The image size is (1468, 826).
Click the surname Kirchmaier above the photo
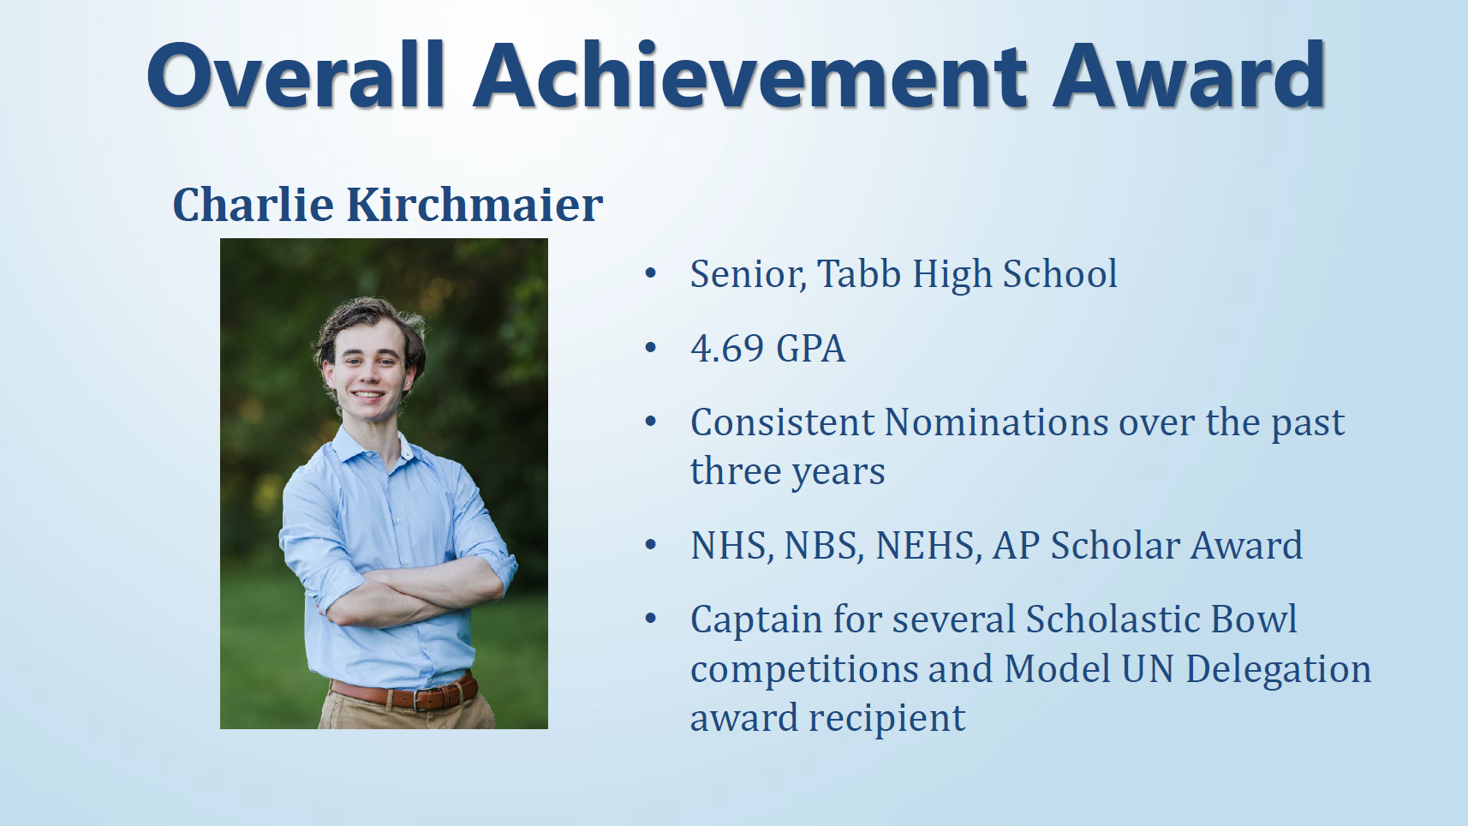[x=474, y=205]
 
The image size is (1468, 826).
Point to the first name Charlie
[x=254, y=205]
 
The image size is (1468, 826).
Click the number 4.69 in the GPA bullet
[x=727, y=349]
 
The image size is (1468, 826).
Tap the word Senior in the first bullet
[x=748, y=274]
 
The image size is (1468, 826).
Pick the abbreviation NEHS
[x=928, y=546]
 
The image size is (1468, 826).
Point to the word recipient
[x=886, y=718]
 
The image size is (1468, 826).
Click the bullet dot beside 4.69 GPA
[x=651, y=348]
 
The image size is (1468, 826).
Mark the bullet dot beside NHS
[x=651, y=545]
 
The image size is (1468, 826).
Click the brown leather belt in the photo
[x=403, y=694]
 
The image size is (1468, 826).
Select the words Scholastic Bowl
[x=1161, y=619]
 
